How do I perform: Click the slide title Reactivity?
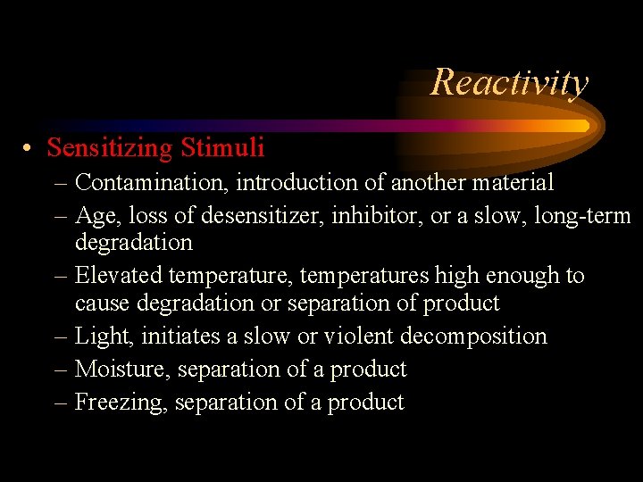tap(509, 82)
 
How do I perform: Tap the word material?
tap(517, 183)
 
